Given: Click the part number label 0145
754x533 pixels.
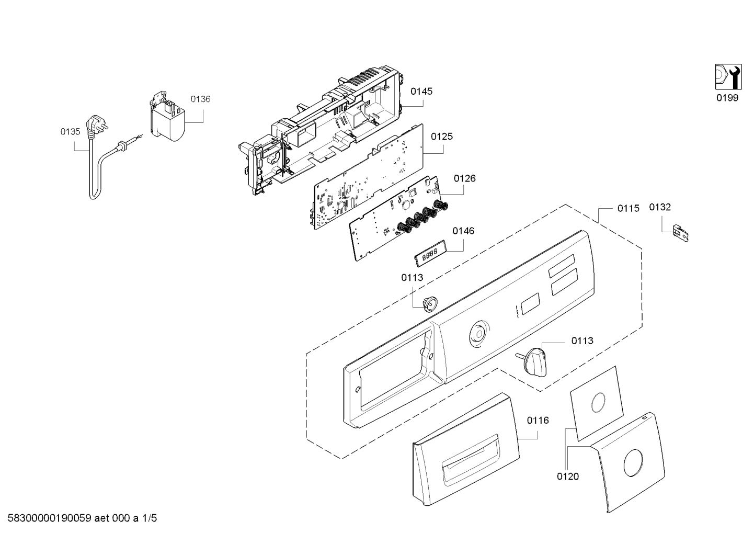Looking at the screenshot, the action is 421,91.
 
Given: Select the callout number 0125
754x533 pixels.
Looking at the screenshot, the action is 442,137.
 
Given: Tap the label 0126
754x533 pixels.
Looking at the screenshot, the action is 464,178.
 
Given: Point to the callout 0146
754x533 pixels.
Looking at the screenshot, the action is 463,231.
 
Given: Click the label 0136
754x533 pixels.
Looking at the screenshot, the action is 201,99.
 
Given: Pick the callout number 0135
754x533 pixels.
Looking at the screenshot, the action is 71,132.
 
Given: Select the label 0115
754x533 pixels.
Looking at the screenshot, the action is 628,208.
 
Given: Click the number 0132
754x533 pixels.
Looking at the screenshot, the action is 660,207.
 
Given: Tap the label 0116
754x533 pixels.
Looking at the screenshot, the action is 538,420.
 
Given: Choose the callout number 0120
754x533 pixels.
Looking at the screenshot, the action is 568,477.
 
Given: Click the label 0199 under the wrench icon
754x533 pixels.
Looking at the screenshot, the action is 727,98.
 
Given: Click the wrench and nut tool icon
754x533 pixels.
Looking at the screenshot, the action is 728,81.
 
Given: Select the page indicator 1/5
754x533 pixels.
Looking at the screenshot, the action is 149,518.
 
